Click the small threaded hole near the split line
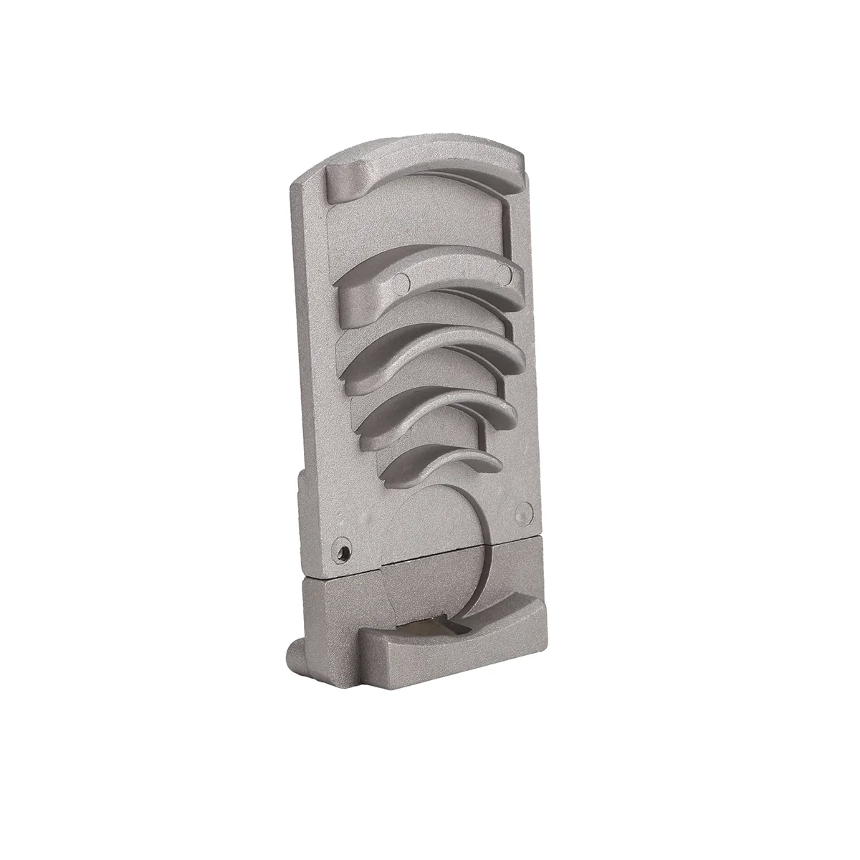pos(345,551)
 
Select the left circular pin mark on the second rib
pos(402,279)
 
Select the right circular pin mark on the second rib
pos(506,272)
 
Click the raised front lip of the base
pos(451,645)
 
